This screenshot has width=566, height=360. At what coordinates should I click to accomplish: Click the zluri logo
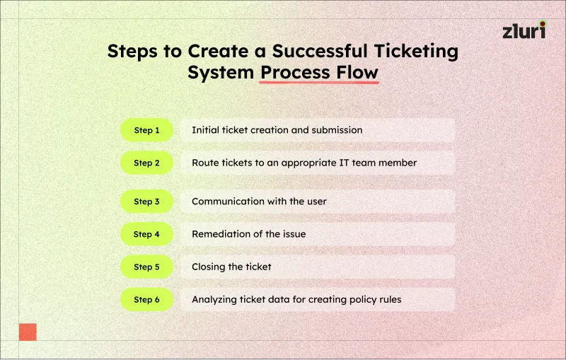[524, 30]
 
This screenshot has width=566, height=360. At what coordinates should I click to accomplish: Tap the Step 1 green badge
[146, 130]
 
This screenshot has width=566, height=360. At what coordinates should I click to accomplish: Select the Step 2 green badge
[146, 163]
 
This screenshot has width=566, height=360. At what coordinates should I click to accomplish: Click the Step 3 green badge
[146, 202]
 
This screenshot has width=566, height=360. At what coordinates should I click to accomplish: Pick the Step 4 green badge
[146, 234]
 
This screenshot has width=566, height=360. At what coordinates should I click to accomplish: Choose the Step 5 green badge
[146, 267]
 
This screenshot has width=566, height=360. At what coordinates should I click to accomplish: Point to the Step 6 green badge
[146, 299]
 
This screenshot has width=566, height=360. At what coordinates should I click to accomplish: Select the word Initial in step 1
[205, 130]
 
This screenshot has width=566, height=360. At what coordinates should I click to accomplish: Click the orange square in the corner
[28, 332]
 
